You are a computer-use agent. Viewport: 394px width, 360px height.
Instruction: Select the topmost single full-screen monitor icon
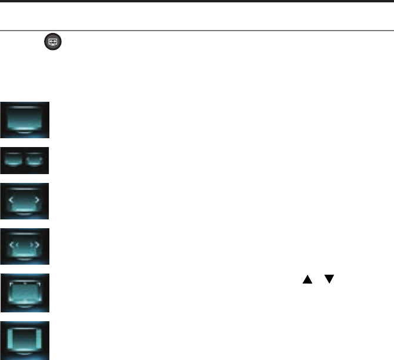click(x=25, y=120)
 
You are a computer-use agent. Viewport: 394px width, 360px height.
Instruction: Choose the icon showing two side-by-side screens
click(x=25, y=160)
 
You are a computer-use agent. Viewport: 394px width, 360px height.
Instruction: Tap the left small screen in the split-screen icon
click(x=14, y=159)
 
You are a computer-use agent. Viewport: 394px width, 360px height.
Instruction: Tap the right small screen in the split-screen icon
click(x=35, y=159)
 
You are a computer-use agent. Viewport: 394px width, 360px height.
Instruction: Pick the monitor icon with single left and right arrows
click(x=25, y=201)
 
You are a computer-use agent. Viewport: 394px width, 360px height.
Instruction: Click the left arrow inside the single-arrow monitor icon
click(x=12, y=201)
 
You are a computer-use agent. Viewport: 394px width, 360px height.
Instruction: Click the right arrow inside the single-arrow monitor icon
click(x=38, y=201)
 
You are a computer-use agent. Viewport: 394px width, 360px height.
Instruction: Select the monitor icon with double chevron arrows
click(x=25, y=246)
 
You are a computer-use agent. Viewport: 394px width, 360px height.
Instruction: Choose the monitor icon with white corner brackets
click(x=25, y=292)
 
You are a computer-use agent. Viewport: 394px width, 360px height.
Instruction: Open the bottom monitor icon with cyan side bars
click(x=25, y=340)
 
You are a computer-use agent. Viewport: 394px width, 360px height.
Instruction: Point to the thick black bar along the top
click(x=197, y=2)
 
